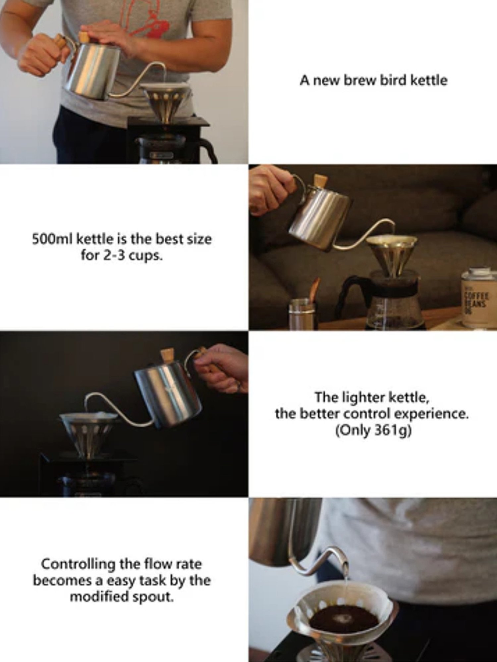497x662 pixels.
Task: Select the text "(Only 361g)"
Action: [373, 431]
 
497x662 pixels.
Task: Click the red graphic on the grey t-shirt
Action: [146, 20]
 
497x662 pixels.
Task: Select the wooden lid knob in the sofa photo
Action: [321, 181]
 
